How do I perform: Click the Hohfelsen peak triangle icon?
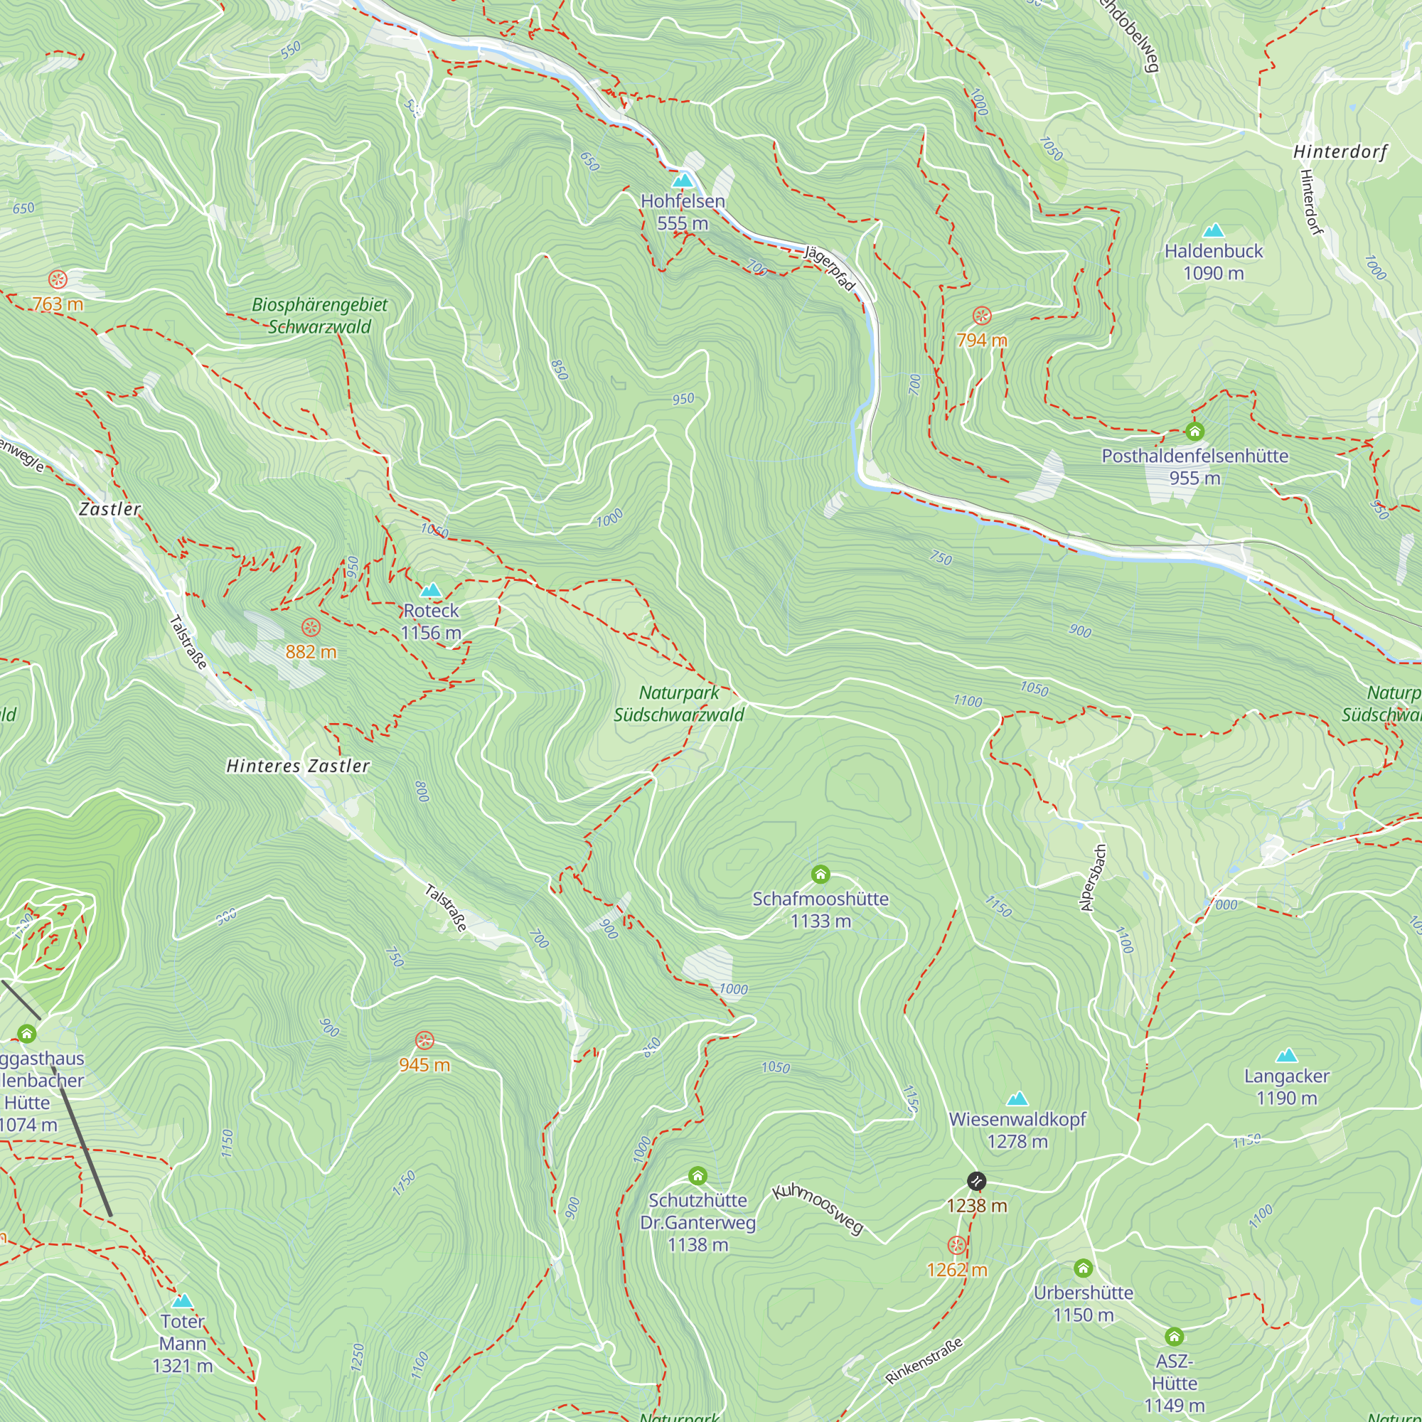pos(683,181)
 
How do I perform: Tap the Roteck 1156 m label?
pos(432,621)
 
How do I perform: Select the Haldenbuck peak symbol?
pos(1213,230)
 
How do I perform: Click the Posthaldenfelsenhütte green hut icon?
pos(1194,432)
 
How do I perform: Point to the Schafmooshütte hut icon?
pos(820,875)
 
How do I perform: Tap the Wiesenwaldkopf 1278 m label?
pos(1017,1130)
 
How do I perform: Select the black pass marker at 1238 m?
pos(976,1181)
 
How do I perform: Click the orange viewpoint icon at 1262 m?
pos(957,1246)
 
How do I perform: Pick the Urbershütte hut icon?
pos(1083,1268)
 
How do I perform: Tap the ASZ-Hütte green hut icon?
pos(1174,1336)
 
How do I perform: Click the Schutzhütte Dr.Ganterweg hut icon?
pos(697,1175)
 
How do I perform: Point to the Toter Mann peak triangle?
pos(183,1301)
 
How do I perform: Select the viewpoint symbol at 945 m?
pos(424,1040)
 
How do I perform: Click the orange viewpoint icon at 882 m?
pos(311,627)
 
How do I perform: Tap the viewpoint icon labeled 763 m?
pos(58,279)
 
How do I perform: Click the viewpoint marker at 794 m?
pos(982,316)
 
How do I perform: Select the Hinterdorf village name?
pos(1340,152)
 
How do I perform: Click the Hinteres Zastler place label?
pos(298,766)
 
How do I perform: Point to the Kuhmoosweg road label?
pos(818,1210)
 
